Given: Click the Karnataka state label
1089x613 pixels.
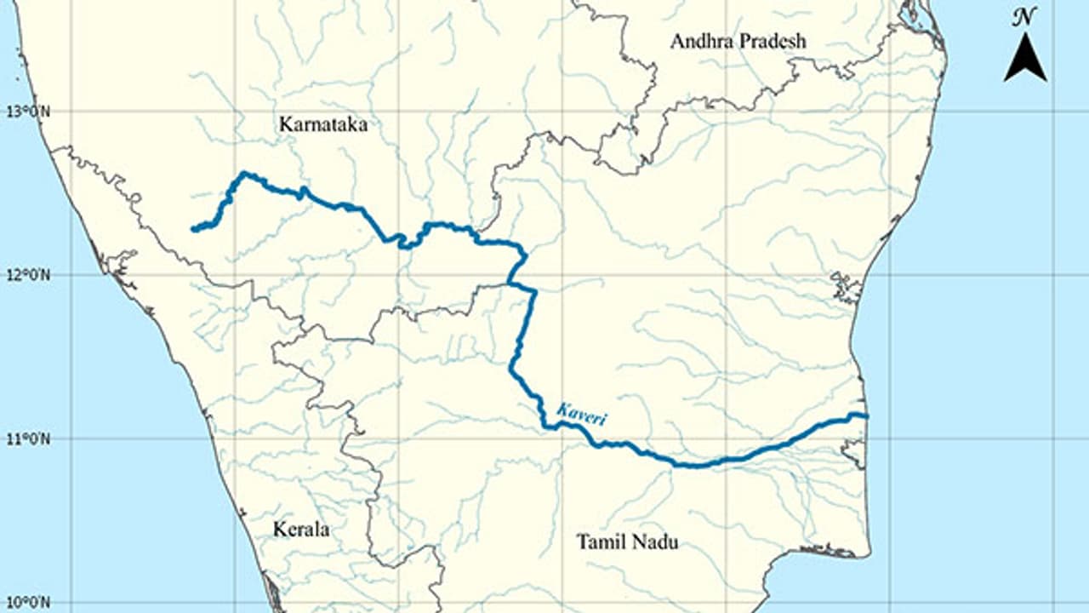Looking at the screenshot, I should point(323,124).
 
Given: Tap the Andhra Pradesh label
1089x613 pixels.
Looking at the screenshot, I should point(738,40).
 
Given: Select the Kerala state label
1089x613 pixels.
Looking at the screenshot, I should point(301,530).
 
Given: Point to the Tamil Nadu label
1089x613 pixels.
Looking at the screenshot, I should point(627,541).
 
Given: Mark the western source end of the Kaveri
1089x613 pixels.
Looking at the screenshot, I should point(193,229).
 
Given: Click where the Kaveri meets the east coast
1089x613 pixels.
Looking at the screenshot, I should point(864,415).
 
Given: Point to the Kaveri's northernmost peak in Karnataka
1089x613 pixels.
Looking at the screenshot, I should point(243,174).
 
